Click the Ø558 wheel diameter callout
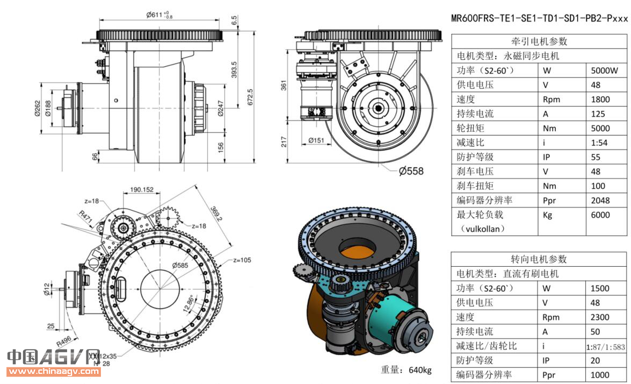[x=411, y=171]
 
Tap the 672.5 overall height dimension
[x=250, y=97]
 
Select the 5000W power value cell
[x=604, y=70]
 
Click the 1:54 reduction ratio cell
[x=600, y=143]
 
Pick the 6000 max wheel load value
[x=600, y=215]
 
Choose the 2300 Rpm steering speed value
[x=600, y=317]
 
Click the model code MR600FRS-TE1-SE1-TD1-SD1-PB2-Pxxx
[x=539, y=19]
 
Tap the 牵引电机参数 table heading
[x=539, y=41]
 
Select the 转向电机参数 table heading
[x=539, y=259]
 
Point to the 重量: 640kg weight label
[x=406, y=370]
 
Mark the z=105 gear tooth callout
[x=243, y=260]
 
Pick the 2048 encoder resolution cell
[x=600, y=200]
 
